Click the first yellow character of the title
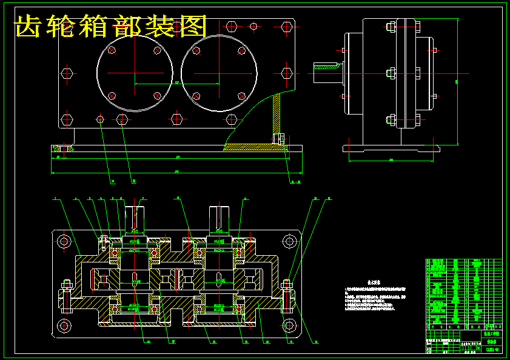(x=29, y=26)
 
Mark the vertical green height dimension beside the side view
(x=457, y=82)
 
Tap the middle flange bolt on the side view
(x=391, y=73)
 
